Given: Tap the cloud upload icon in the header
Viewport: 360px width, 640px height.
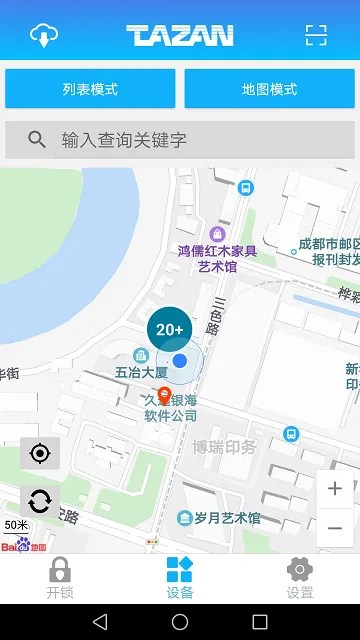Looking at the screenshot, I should click(x=44, y=35).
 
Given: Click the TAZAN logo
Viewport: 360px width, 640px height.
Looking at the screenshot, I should click(x=180, y=36).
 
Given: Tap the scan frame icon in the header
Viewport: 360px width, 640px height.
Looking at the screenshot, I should click(x=316, y=35).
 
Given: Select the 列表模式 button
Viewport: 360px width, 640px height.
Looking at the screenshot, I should click(x=90, y=89).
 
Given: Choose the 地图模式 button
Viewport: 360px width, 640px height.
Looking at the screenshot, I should click(x=269, y=89).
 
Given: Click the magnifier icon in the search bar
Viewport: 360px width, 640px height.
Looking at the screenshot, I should click(x=37, y=140).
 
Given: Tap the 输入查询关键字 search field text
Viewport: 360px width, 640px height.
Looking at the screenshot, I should click(x=124, y=140).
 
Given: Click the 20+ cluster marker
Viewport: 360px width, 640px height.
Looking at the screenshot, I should click(x=170, y=328).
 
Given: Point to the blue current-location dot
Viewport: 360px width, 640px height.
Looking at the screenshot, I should click(x=180, y=360).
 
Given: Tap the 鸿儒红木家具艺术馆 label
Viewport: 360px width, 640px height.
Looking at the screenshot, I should click(x=217, y=259).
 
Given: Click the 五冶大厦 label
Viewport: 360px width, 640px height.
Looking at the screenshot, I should click(x=141, y=373).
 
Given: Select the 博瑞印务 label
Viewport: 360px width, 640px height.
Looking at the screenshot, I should click(x=224, y=446).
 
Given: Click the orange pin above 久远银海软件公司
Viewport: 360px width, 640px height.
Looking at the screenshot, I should click(x=164, y=395).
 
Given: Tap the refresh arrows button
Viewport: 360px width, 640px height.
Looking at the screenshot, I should click(x=40, y=501).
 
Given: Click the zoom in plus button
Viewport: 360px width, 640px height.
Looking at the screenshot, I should click(x=335, y=489).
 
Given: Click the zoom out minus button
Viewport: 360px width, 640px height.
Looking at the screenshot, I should click(x=335, y=527).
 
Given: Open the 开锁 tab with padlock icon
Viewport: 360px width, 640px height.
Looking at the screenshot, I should click(x=60, y=578).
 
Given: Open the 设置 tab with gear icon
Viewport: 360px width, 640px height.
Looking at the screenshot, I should click(x=300, y=578).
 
